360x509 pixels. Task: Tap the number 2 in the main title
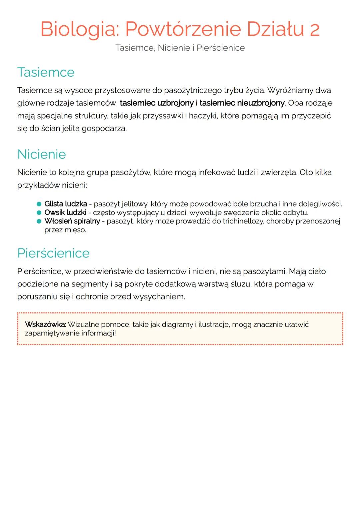point(314,29)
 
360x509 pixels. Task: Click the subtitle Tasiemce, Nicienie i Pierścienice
point(180,48)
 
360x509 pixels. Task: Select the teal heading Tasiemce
point(46,72)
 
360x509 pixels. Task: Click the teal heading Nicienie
point(42,154)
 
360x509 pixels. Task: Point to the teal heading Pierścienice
point(53,253)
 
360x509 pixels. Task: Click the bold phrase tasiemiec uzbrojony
point(157,103)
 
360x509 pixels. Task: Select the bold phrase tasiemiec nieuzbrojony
point(242,103)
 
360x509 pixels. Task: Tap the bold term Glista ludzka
point(66,204)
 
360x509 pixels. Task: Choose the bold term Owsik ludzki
point(65,213)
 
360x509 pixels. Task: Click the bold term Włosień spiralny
point(72,221)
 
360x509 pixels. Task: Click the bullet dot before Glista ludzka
point(39,204)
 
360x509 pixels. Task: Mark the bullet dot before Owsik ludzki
point(39,213)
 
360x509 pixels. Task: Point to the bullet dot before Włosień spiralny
point(39,221)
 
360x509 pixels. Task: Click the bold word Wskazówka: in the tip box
point(46,324)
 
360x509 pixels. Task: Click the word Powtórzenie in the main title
point(183,29)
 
